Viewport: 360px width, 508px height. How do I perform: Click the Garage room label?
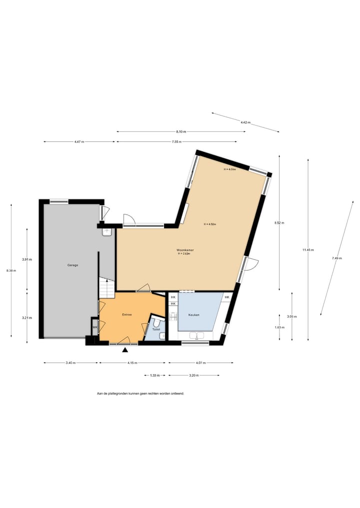pos(72,265)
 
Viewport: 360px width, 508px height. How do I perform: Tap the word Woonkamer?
pos(185,250)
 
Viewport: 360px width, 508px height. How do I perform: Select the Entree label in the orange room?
pos(127,315)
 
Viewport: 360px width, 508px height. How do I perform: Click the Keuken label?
pos(194,315)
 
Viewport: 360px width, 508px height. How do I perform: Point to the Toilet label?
pos(156,330)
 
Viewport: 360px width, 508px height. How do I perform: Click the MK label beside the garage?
pos(94,328)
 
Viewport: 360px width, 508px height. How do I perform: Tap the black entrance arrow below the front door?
pos(124,350)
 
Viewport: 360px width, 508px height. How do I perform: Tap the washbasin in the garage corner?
pos(106,232)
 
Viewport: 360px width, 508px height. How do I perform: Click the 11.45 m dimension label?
pos(308,250)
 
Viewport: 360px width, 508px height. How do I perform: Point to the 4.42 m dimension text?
pos(245,122)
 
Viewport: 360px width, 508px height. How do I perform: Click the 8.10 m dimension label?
pos(181,132)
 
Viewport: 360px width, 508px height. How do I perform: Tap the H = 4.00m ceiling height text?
pos(229,169)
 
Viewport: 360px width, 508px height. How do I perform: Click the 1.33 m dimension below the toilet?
pos(155,375)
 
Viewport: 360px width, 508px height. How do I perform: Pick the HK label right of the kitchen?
pos(227,298)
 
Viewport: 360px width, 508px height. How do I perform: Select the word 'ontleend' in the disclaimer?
pos(177,394)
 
